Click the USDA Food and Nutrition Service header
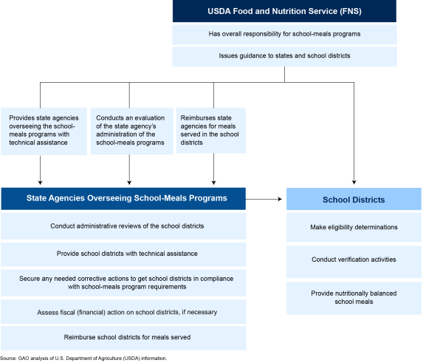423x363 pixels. click(284, 11)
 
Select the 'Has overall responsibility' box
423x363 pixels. click(284, 34)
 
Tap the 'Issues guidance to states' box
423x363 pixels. click(284, 56)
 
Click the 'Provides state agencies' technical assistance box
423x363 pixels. click(44, 132)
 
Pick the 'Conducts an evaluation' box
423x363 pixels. click(131, 131)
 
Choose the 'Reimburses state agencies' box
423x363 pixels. click(211, 130)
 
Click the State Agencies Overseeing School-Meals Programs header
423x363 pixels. click(123, 199)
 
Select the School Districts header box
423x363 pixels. click(354, 199)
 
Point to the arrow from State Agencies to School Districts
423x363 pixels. click(264, 199)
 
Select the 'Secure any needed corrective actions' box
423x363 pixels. click(123, 282)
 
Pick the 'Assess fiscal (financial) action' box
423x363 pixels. click(123, 312)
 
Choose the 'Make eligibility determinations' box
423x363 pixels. click(354, 227)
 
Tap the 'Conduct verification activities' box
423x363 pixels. click(354, 262)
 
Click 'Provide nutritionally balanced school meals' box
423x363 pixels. click(354, 298)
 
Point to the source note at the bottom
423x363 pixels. click(83, 359)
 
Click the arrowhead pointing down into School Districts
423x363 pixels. click(354, 183)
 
